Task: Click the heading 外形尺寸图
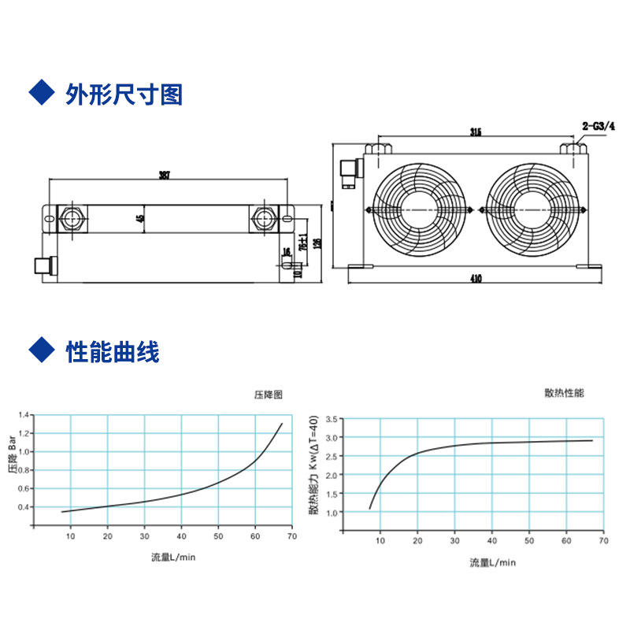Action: [x=124, y=95]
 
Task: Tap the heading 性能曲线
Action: [x=113, y=352]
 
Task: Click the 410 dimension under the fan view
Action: [x=476, y=278]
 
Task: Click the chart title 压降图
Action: [x=268, y=394]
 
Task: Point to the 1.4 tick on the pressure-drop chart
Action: [x=24, y=414]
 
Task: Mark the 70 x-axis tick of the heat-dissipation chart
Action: [x=603, y=542]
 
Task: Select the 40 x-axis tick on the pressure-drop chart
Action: [x=181, y=537]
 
